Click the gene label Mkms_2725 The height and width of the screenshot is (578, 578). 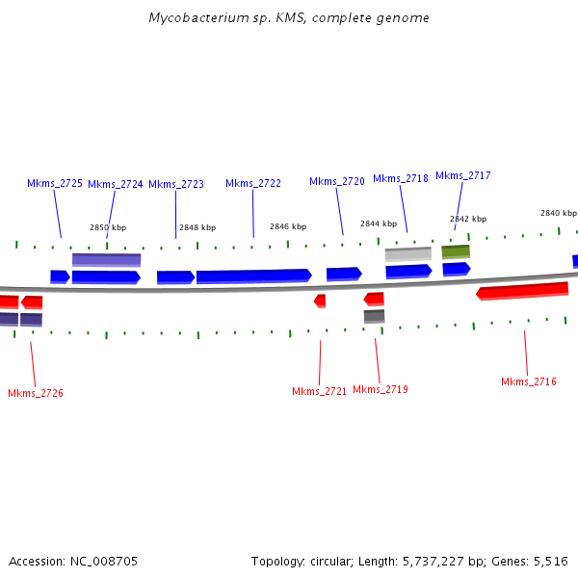(55, 183)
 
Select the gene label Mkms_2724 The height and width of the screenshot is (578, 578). (116, 184)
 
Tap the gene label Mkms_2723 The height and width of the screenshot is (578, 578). (176, 184)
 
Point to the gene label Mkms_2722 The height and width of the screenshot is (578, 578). (253, 183)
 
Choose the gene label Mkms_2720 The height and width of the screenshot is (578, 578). (337, 181)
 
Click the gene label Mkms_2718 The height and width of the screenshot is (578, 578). (401, 178)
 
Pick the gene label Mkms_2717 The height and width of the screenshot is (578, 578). (463, 175)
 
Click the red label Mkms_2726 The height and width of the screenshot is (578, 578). (36, 393)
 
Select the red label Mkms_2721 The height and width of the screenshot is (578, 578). (319, 391)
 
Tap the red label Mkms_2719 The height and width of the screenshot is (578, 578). (381, 389)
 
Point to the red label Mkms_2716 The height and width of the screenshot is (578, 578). (529, 381)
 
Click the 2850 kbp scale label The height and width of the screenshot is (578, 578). (108, 227)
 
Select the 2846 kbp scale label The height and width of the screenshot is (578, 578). (288, 226)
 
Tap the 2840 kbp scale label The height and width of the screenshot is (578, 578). (558, 213)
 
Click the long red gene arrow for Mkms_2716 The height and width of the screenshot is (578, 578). (523, 290)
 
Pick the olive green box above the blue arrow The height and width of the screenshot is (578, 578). (456, 251)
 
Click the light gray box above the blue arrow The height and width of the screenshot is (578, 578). (408, 254)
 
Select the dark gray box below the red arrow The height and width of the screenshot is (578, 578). (374, 316)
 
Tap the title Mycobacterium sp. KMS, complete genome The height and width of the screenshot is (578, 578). (289, 18)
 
